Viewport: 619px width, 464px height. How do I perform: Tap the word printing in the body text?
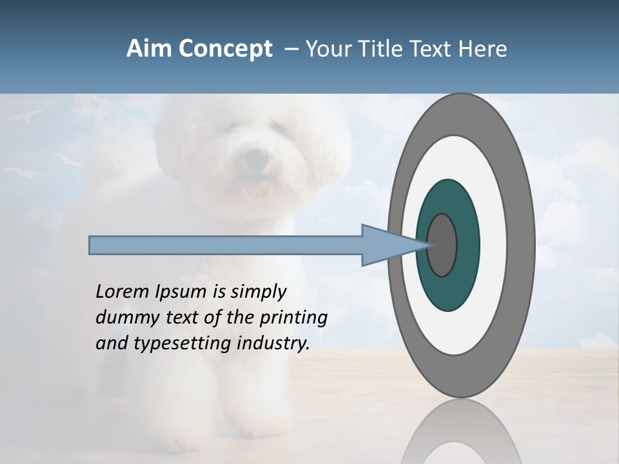pyautogui.click(x=293, y=318)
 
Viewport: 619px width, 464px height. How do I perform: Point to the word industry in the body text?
pyautogui.click(x=273, y=343)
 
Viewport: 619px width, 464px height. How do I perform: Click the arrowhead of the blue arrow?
pyautogui.click(x=393, y=245)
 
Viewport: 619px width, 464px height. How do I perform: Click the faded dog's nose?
pyautogui.click(x=257, y=157)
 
